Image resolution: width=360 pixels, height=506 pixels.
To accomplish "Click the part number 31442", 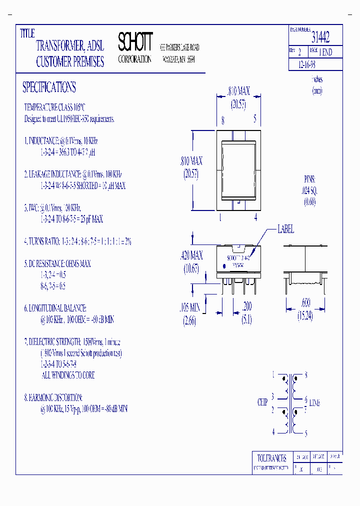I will click(320, 36).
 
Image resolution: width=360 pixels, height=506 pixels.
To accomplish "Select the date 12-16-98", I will click(306, 65).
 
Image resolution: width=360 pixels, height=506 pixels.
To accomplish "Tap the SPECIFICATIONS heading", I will click(49, 87).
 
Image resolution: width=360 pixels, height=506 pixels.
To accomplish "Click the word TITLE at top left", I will click(27, 33).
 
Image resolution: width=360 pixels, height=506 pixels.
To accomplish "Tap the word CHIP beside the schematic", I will click(262, 402).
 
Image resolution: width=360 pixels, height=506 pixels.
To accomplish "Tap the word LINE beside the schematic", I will click(315, 402).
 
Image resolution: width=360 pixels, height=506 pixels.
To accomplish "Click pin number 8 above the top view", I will click(222, 119).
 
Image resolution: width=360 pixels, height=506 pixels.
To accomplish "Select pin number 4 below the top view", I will click(255, 217).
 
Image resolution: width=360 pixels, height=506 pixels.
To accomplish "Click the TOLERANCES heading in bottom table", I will click(271, 458).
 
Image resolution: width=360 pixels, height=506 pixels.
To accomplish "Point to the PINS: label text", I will click(310, 179).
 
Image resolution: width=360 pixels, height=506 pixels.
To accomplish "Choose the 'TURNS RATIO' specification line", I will click(77, 241).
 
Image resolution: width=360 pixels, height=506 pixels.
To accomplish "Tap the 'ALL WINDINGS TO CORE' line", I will click(68, 375).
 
